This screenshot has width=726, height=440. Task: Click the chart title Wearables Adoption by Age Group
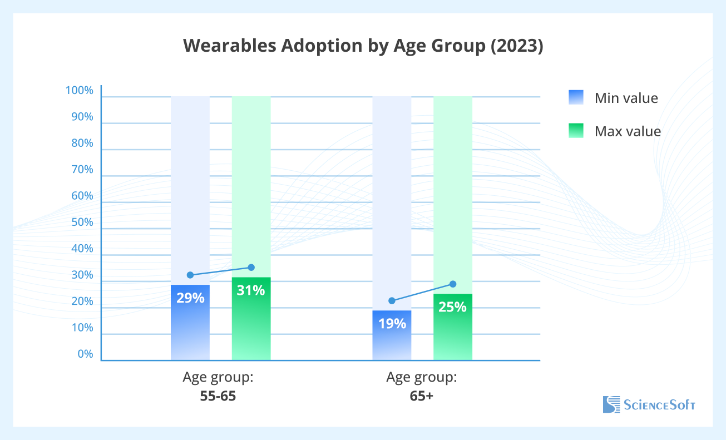pos(363,46)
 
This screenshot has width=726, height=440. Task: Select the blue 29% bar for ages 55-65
pos(190,323)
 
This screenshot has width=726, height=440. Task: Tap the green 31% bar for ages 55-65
pos(251,319)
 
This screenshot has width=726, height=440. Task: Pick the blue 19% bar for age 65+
pos(392,335)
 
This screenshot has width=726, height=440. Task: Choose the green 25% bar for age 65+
pos(453,327)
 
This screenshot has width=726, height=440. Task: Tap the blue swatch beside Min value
pos(576,97)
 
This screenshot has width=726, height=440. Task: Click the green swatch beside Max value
pos(576,131)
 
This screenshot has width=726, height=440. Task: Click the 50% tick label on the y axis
pos(82,223)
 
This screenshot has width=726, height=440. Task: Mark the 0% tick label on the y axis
pos(85,354)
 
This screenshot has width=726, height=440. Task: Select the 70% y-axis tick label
pos(82,170)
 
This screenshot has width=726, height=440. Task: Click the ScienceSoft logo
pos(649,404)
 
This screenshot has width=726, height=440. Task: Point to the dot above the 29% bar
pos(190,275)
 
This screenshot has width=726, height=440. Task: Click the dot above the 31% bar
pos(251,268)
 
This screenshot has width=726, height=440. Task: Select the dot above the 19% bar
pos(392,301)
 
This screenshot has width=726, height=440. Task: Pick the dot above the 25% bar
pos(453,284)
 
